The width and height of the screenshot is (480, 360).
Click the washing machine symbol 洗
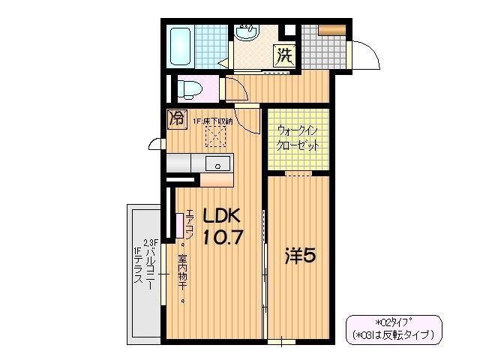pyautogui.click(x=284, y=54)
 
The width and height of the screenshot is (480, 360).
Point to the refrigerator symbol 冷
pyautogui.click(x=177, y=118)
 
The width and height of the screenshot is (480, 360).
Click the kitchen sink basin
pyautogui.click(x=220, y=164)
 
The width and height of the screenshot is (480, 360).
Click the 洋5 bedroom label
pyautogui.click(x=298, y=256)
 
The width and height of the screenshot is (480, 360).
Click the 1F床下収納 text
pyautogui.click(x=212, y=121)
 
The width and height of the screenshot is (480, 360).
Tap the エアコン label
pyautogui.click(x=189, y=224)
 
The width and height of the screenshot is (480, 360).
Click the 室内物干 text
pyautogui.click(x=182, y=277)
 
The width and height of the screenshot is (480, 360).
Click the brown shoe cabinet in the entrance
pyautogui.click(x=330, y=30)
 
